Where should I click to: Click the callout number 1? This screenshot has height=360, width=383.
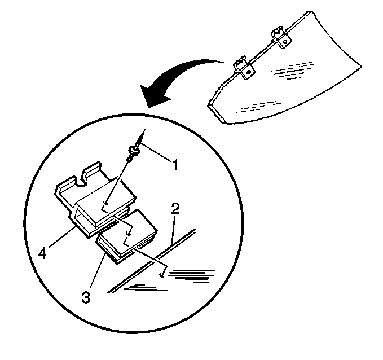(175, 164)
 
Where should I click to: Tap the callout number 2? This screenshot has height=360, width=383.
(175, 209)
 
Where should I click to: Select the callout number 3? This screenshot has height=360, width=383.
(86, 297)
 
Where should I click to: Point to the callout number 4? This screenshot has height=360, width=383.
(42, 253)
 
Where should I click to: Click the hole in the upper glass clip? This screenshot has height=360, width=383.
(285, 42)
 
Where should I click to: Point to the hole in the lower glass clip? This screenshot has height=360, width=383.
(248, 72)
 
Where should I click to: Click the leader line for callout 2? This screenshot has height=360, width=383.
(173, 230)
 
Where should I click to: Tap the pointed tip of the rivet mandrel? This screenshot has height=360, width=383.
(145, 130)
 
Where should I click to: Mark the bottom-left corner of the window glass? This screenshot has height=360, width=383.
(225, 122)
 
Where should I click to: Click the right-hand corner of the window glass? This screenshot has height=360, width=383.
(362, 65)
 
